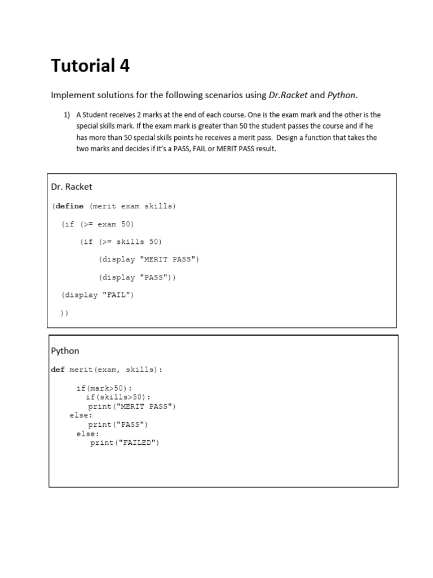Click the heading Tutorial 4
click(90, 66)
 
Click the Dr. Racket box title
click(72, 186)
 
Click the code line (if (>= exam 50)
click(98, 224)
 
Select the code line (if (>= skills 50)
click(121, 242)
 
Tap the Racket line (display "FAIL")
click(98, 295)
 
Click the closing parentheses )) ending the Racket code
click(64, 313)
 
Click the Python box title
click(65, 351)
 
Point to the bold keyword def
click(58, 370)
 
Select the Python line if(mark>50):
click(104, 388)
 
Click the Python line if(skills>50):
click(118, 397)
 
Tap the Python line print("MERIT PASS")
click(132, 406)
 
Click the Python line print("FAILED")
click(125, 443)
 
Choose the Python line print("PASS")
click(118, 424)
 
